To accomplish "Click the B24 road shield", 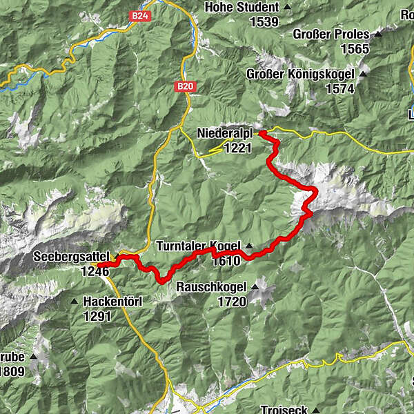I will click(x=143, y=21).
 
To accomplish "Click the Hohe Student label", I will click(x=241, y=8).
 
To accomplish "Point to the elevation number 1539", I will click(x=264, y=21).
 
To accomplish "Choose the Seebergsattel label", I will click(x=72, y=257).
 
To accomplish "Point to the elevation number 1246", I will click(x=95, y=271).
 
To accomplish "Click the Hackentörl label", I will click(x=116, y=302).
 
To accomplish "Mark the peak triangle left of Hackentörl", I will click(x=74, y=302).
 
